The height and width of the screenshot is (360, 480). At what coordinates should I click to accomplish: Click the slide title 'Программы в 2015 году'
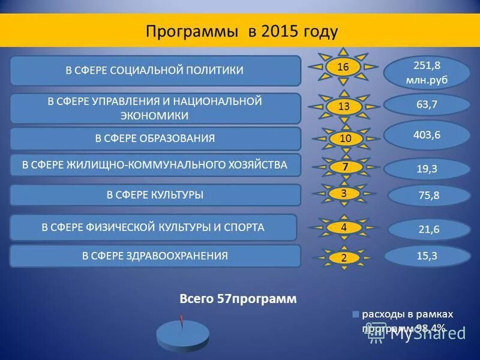(242, 31)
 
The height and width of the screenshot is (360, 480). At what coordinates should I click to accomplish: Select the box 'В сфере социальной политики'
(155, 71)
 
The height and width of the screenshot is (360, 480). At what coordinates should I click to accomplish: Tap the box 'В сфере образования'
(155, 139)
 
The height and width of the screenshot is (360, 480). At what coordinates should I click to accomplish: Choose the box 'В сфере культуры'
(155, 195)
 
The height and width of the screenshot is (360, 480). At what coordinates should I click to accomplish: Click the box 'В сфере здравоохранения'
(155, 256)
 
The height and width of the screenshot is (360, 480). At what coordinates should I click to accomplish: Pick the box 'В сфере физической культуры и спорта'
(153, 227)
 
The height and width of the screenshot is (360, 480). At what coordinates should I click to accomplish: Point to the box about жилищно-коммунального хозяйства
(155, 164)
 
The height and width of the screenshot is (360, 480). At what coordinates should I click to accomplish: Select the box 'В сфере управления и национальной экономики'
(155, 109)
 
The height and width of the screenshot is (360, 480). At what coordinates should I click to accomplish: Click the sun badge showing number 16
(343, 67)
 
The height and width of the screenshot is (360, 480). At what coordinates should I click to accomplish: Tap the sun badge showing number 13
(344, 107)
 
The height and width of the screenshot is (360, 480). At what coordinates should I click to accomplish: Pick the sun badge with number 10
(345, 139)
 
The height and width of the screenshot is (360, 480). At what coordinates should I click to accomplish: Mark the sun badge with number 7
(345, 166)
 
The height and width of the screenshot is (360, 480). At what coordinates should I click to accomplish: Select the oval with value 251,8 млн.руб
(427, 73)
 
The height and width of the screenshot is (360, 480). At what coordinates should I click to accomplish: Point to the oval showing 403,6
(427, 135)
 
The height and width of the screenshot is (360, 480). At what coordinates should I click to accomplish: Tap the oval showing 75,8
(428, 195)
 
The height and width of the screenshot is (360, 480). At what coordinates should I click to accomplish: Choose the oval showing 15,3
(427, 256)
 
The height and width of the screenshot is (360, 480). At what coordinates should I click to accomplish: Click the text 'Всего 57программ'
(238, 299)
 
